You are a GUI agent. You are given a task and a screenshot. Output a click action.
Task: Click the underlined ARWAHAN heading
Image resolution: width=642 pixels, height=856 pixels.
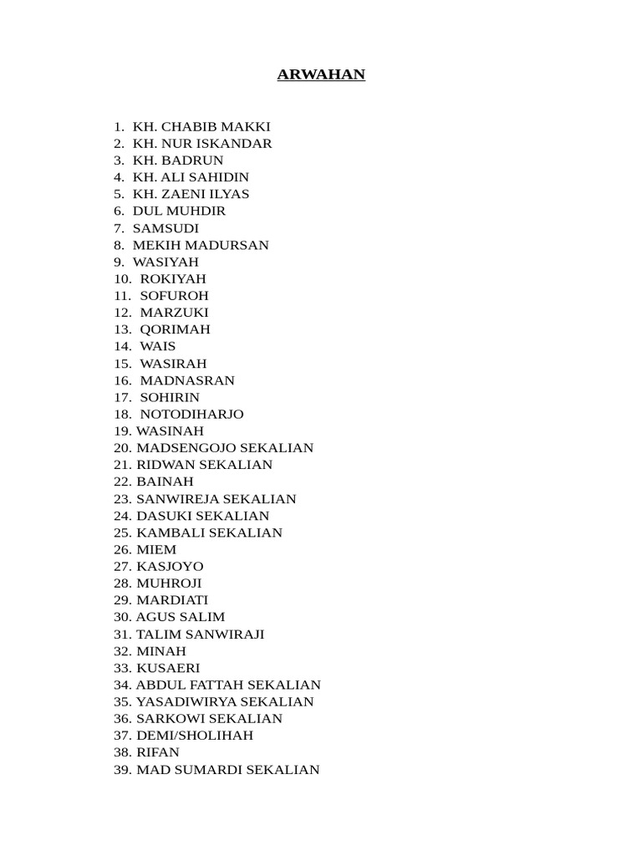point(321,75)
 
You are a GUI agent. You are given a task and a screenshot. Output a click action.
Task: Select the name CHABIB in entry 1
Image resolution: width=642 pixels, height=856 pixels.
point(191,127)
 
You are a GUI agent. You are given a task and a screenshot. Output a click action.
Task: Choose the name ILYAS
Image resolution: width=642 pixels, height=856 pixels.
point(227,194)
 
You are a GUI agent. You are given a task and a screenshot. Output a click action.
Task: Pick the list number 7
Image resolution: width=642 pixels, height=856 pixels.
point(119,228)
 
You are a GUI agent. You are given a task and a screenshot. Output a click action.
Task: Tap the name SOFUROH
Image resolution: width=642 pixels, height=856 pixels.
point(174,296)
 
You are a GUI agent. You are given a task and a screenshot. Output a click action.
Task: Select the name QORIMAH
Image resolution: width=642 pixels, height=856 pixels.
point(175,329)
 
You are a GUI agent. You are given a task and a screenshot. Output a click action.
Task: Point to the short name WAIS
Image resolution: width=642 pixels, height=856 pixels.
point(158,346)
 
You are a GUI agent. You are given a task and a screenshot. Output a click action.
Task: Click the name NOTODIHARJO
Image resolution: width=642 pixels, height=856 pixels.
point(191,414)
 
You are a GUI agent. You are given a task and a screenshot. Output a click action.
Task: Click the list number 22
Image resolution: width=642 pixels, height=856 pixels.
point(123,481)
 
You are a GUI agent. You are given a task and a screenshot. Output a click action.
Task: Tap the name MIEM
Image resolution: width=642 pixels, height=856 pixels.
point(156,549)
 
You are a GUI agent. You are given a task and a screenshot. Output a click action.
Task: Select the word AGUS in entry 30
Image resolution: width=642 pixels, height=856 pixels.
point(155,617)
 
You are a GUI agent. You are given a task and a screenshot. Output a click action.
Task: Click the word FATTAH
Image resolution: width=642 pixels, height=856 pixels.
point(211,685)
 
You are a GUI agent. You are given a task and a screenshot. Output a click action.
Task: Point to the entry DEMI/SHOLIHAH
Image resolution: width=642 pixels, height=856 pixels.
point(195,736)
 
